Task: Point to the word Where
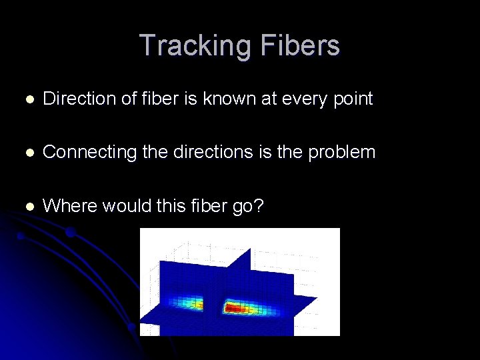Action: tap(66, 206)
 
